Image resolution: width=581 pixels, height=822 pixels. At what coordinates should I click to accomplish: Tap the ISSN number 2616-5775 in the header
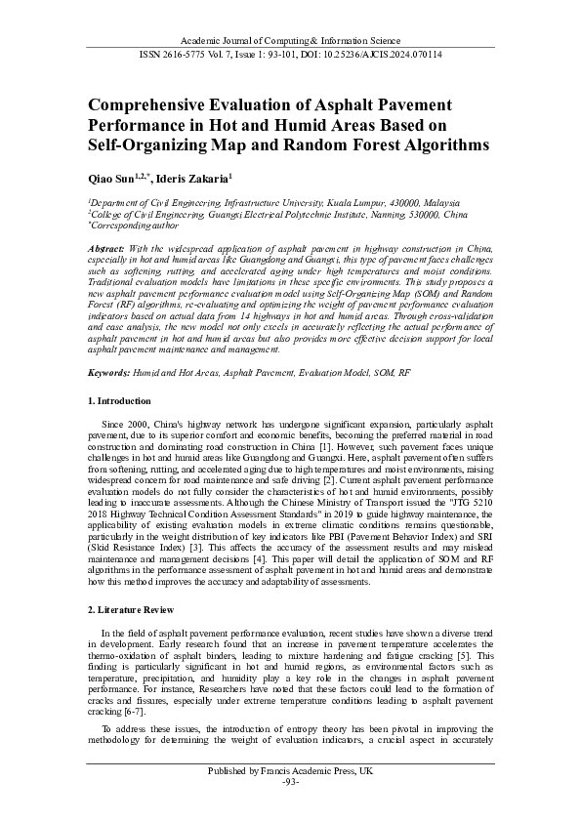point(192,54)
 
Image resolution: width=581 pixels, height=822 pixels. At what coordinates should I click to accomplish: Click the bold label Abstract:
point(107,249)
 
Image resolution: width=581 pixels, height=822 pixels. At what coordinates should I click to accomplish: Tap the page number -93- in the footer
point(290,783)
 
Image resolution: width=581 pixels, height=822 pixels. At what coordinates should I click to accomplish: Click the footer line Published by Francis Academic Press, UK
point(290,771)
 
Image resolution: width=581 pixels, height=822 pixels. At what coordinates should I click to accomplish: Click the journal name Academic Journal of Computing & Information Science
point(290,38)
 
